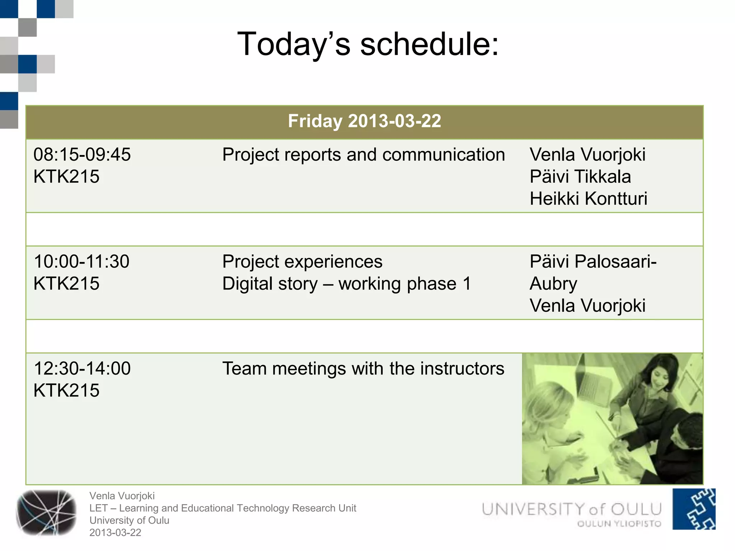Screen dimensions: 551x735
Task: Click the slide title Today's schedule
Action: click(368, 44)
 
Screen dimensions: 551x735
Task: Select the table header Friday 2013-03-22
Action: click(364, 121)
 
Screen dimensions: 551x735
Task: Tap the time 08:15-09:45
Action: click(82, 155)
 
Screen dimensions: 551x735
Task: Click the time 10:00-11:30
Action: click(81, 262)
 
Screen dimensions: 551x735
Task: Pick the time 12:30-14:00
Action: click(82, 368)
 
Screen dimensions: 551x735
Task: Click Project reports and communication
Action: click(363, 155)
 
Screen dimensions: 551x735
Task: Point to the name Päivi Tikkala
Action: click(580, 176)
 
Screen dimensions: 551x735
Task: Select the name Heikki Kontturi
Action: click(588, 198)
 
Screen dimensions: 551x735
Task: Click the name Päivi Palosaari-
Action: click(593, 262)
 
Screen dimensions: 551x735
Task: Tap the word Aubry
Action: click(553, 284)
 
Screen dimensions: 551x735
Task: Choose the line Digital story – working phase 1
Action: click(346, 284)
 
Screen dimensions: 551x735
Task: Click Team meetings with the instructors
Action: click(363, 368)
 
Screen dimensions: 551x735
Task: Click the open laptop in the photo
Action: click(592, 384)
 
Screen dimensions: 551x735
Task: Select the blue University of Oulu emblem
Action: click(693, 509)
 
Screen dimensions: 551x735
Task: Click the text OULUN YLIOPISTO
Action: click(619, 524)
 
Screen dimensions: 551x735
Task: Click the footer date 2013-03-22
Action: click(115, 533)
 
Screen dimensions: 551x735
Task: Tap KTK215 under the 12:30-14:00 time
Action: click(66, 390)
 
